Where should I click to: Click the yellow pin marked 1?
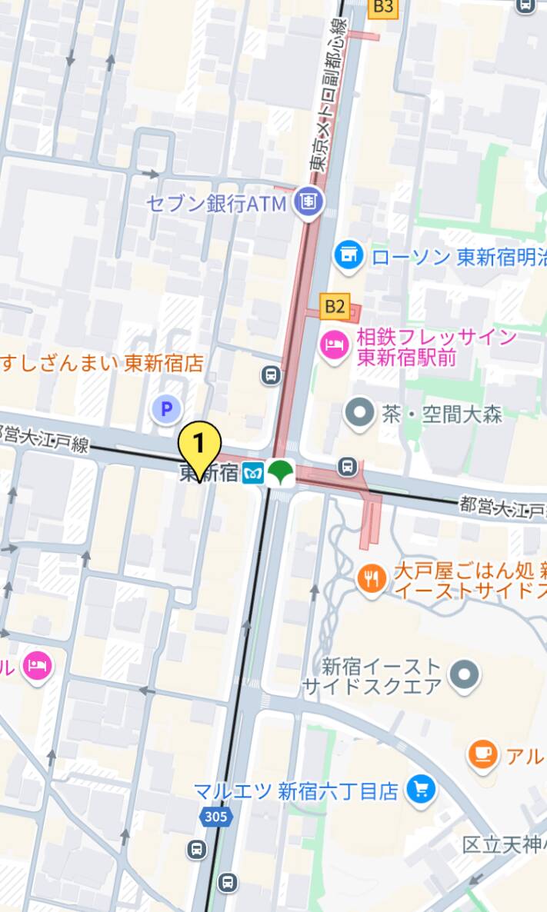[x=199, y=444]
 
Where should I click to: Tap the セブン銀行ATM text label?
[x=217, y=204]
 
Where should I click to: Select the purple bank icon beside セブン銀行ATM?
[x=309, y=202]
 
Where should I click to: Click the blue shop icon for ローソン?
[x=349, y=255]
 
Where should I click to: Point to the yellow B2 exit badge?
[x=334, y=307]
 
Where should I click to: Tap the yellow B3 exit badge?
[x=382, y=8]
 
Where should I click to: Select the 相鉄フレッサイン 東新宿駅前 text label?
[x=436, y=348]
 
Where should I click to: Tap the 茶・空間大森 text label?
[x=442, y=414]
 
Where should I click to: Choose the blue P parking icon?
[x=165, y=409]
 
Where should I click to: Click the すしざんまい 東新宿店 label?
[x=102, y=363]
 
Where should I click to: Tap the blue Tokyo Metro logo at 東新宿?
[x=252, y=474]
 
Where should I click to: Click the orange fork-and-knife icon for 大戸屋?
[x=372, y=578]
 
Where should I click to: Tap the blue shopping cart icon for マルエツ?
[x=421, y=789]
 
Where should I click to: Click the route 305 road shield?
[x=216, y=816]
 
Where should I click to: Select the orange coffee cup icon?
[x=482, y=754]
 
